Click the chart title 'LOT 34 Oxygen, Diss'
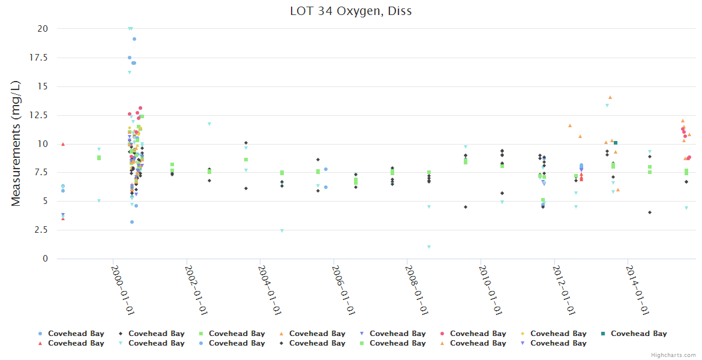(351, 11)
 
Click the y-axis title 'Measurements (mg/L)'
(16, 143)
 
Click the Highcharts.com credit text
(673, 355)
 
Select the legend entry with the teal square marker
(638, 334)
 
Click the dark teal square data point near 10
(616, 143)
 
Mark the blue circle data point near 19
(134, 39)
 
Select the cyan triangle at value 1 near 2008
(429, 247)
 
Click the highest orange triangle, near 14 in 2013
(610, 97)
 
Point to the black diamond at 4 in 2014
(650, 212)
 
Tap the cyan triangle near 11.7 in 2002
(209, 124)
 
